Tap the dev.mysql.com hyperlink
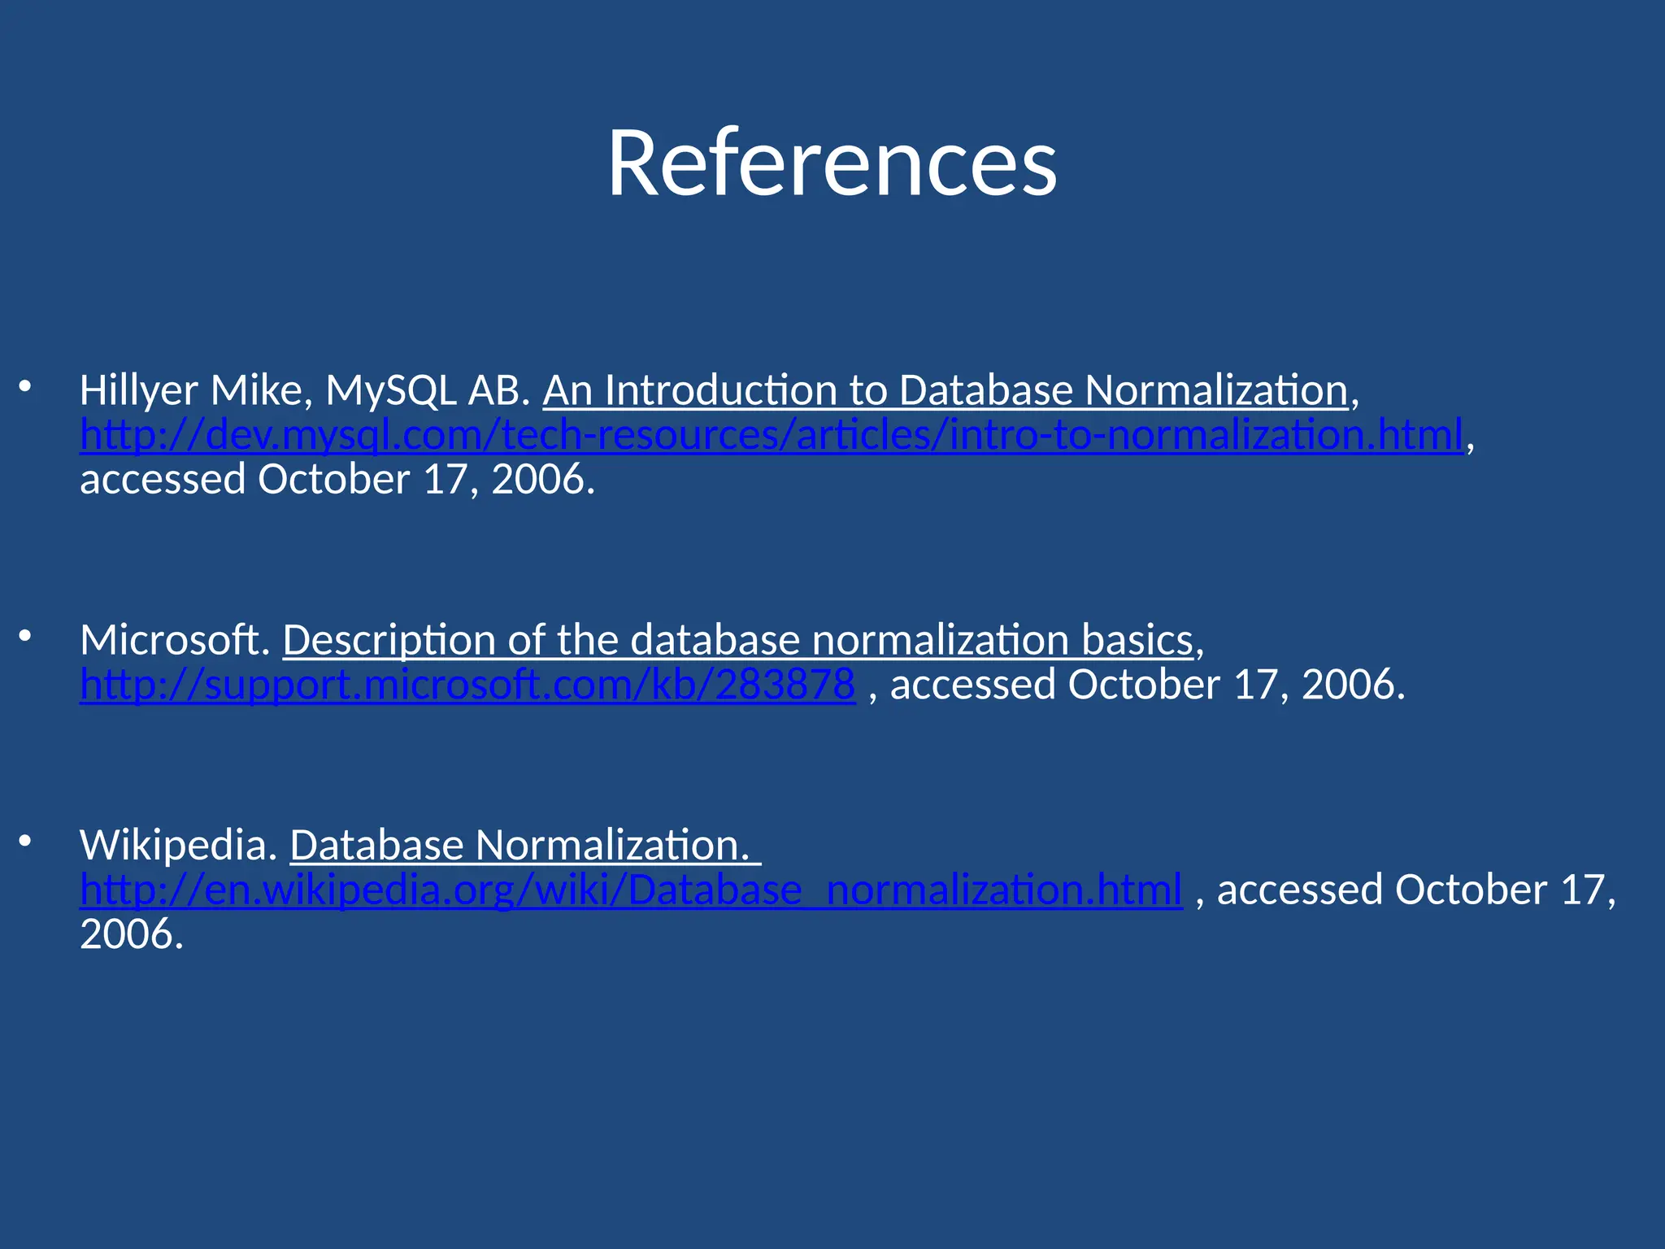click(771, 435)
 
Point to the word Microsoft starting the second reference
click(174, 640)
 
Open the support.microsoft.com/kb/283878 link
click(467, 685)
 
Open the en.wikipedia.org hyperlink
click(631, 890)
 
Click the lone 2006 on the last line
click(130, 934)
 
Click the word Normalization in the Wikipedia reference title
click(611, 846)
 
